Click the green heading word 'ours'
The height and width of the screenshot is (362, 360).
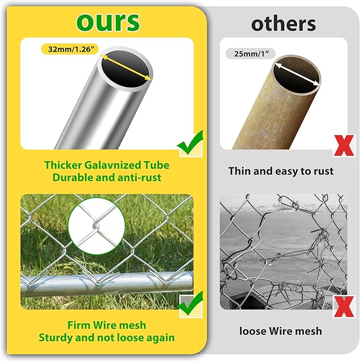point(108,22)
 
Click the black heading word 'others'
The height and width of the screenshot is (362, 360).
point(283,24)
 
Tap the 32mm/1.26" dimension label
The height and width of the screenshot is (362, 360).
point(70,49)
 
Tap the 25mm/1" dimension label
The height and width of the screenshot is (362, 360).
point(250,54)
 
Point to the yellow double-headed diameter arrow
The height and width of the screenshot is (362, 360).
point(126,68)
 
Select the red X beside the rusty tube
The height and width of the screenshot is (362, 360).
point(344,146)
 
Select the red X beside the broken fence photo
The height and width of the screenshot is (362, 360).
point(344,306)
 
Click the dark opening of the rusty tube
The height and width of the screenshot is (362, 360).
point(296,75)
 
